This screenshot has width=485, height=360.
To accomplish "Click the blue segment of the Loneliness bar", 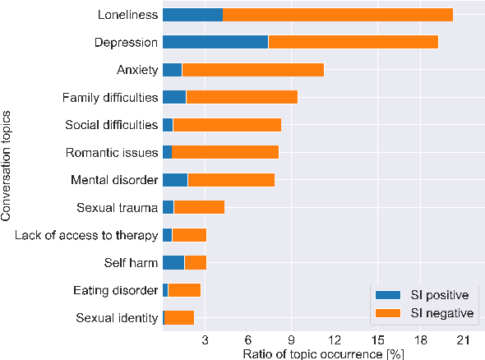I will click(x=192, y=15).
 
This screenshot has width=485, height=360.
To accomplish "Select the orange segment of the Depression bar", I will click(x=353, y=42).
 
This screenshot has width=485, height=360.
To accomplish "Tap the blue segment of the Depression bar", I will click(x=215, y=42).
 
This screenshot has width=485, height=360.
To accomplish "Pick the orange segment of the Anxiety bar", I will click(x=252, y=70).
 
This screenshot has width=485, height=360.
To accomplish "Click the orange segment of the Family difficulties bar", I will click(x=242, y=98).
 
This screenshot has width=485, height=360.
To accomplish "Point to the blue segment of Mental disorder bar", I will click(x=175, y=180).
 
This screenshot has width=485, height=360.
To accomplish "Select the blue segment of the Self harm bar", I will click(x=173, y=262).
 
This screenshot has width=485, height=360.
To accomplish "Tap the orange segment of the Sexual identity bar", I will click(x=179, y=317).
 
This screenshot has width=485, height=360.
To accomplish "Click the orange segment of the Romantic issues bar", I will click(x=225, y=152).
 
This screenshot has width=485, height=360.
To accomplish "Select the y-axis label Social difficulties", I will click(x=111, y=125).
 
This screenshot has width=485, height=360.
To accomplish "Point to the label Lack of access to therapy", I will click(x=86, y=235).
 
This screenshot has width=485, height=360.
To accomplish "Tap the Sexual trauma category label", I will click(x=117, y=207).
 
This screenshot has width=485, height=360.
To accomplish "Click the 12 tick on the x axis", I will click(x=335, y=339).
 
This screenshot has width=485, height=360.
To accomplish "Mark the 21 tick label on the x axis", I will click(x=464, y=339).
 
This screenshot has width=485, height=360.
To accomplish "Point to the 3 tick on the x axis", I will click(x=206, y=339).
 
